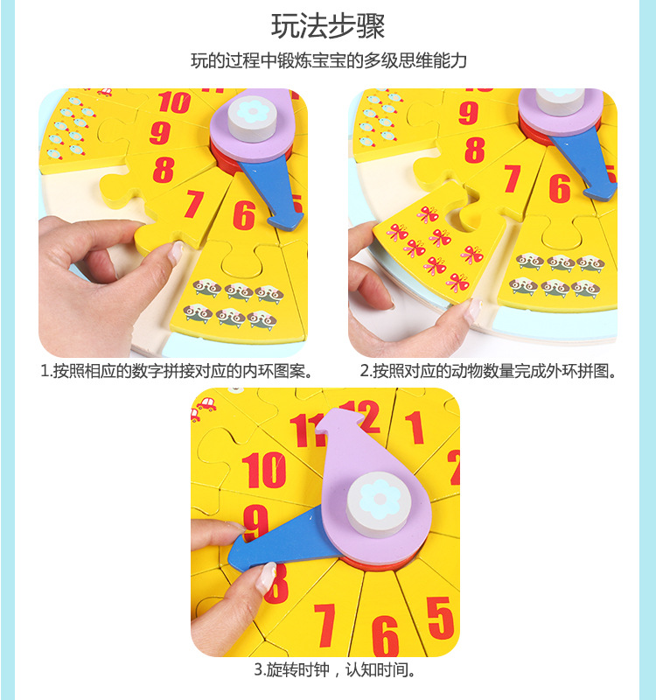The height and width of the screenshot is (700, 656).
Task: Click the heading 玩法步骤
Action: (328, 26)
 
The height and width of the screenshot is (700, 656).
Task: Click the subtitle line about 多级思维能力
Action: (329, 60)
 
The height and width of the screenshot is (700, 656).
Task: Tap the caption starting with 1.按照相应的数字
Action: (177, 371)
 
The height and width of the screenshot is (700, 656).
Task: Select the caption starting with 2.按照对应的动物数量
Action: (488, 371)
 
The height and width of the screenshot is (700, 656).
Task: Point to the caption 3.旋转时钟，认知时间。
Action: (336, 669)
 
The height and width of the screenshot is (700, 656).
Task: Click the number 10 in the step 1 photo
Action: (174, 102)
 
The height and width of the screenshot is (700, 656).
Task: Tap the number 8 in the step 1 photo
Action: (164, 170)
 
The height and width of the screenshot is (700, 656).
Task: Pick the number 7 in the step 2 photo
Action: (512, 178)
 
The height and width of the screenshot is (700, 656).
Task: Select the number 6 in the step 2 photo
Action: (560, 189)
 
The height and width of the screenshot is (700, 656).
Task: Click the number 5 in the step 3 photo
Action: (441, 619)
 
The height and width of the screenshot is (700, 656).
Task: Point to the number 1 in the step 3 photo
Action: (415, 428)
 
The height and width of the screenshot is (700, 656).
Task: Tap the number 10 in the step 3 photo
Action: (264, 470)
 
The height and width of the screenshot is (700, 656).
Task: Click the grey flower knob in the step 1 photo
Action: (252, 115)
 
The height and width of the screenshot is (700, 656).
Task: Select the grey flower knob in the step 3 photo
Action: (379, 504)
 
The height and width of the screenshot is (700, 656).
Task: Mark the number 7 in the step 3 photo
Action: (325, 626)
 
